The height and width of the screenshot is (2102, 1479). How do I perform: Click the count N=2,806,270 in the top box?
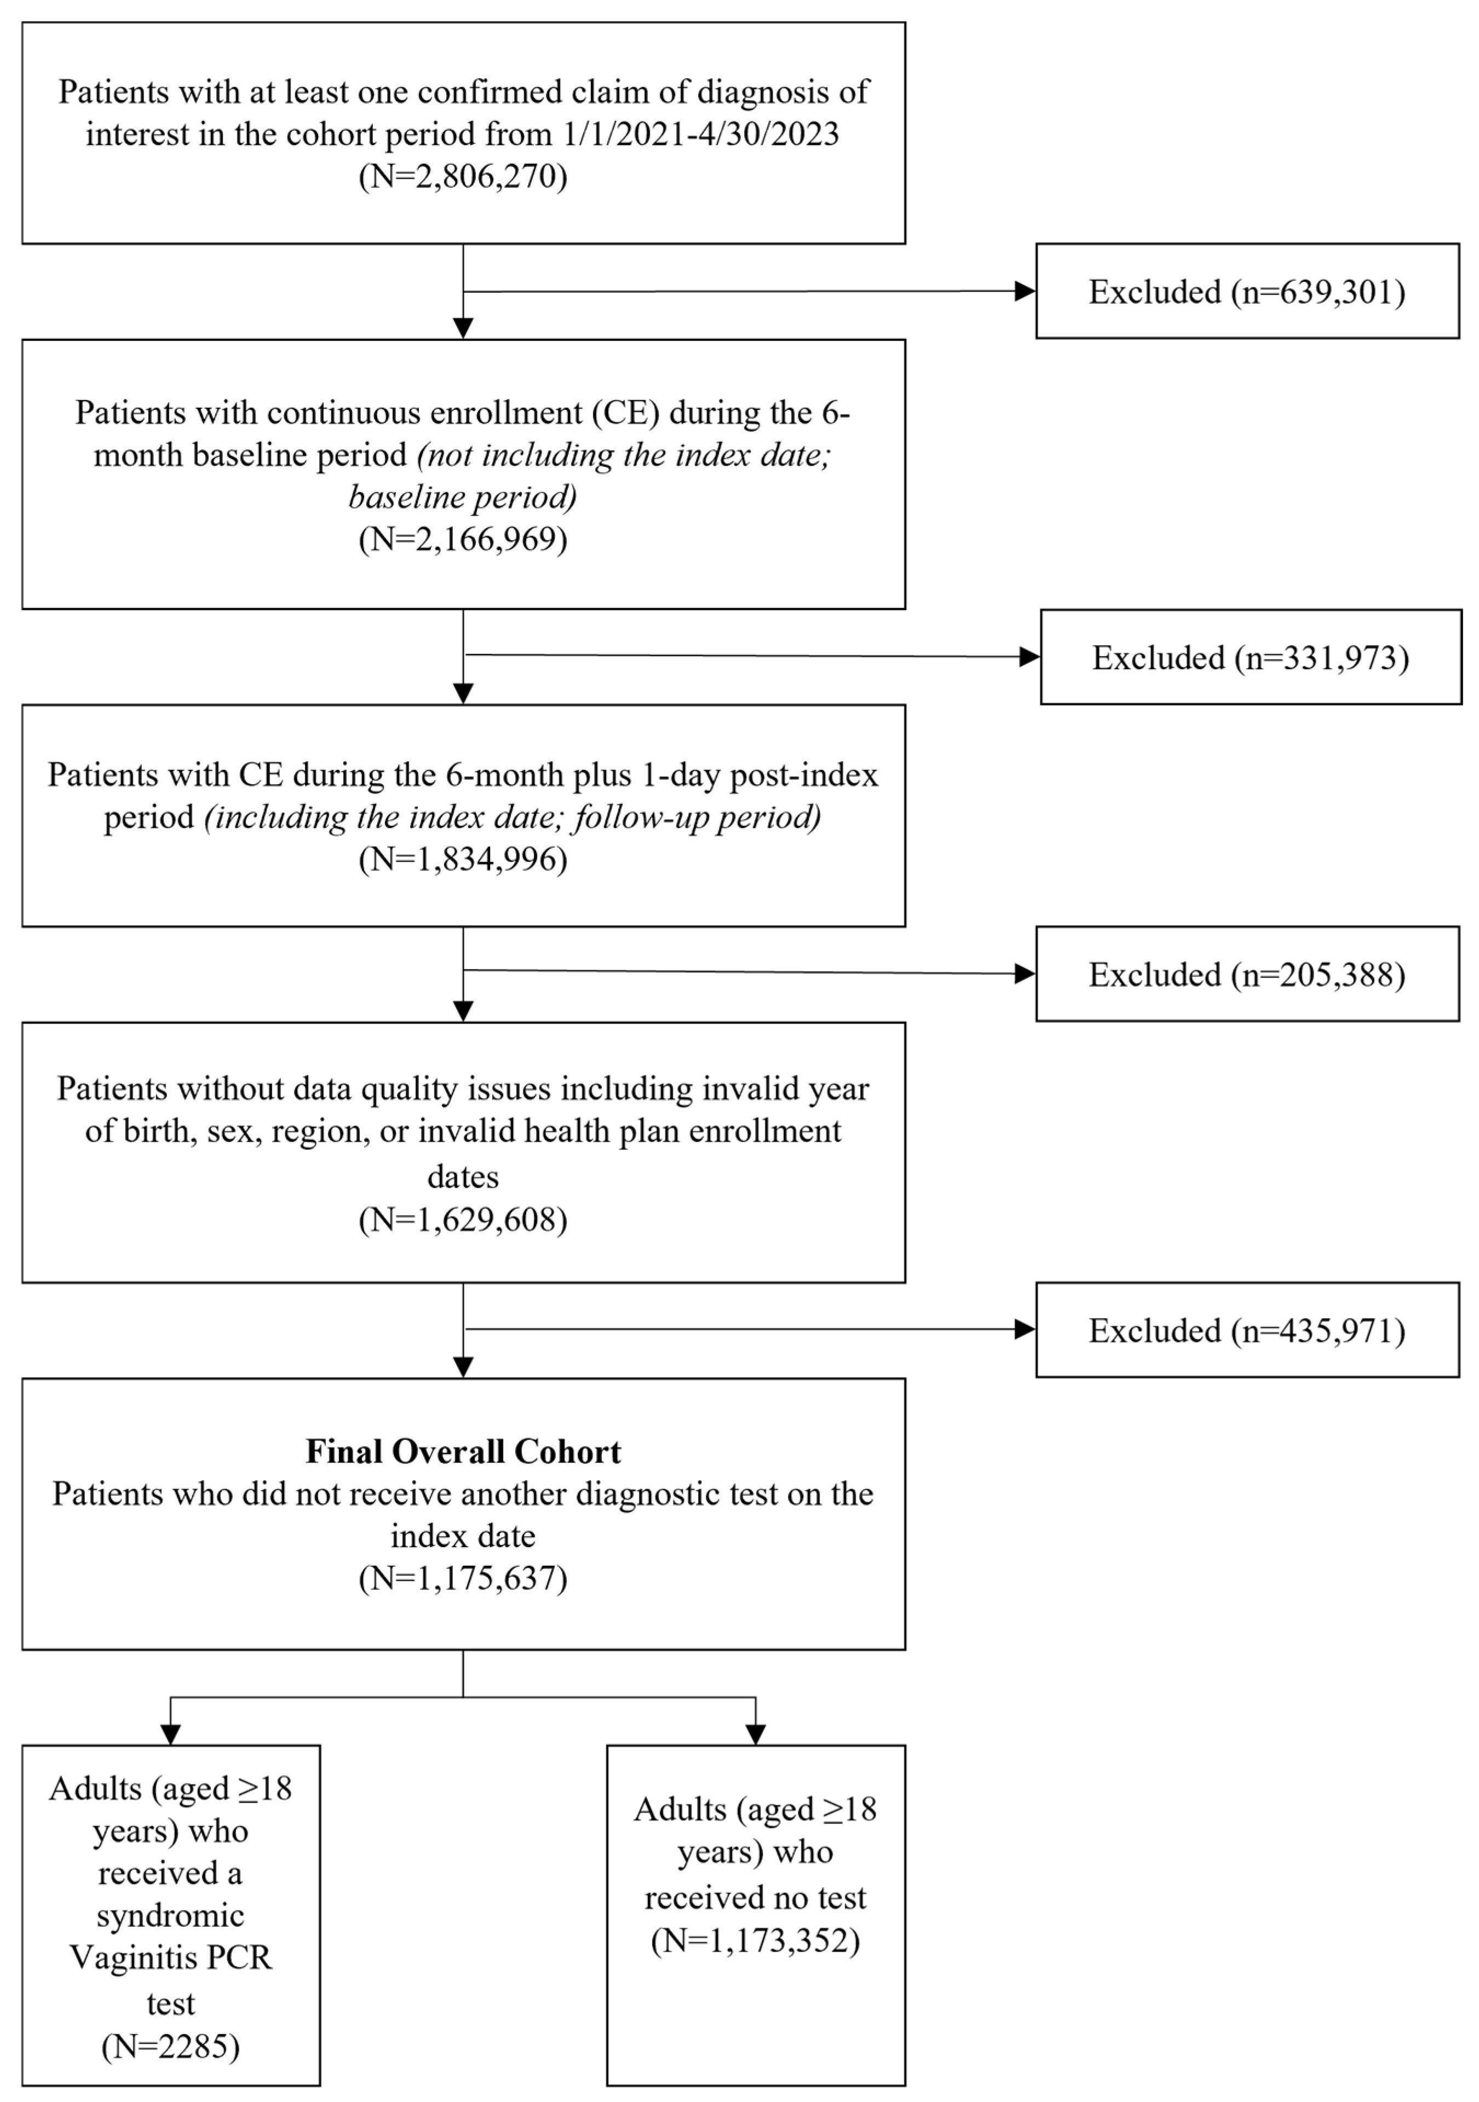[463, 176]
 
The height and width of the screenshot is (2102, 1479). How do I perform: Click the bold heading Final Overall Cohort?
[463, 1452]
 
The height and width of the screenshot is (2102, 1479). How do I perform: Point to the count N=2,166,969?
[463, 538]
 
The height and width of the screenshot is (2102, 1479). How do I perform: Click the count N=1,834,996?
[463, 859]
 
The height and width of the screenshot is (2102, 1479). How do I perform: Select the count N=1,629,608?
[463, 1219]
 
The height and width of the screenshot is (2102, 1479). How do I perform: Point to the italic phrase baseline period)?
[463, 497]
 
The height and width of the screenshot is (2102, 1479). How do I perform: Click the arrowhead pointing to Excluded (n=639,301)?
[1025, 291]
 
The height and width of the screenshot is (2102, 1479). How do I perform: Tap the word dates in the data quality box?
[463, 1177]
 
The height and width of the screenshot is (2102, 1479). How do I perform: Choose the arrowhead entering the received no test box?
[756, 1734]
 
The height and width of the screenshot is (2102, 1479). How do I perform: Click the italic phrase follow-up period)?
[697, 817]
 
